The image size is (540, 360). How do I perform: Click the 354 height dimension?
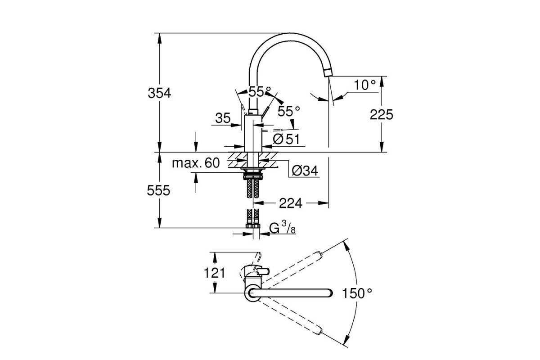tap(159, 93)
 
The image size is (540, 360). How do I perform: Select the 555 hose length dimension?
tap(159, 191)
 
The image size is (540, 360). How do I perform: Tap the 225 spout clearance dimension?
tap(382, 114)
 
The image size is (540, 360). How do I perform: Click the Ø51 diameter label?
tap(286, 139)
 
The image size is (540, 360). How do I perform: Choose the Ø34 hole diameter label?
tap(305, 171)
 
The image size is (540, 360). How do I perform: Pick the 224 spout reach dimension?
tap(290, 203)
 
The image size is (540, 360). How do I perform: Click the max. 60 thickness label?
tap(196, 163)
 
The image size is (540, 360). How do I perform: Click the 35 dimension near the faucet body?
tap(223, 118)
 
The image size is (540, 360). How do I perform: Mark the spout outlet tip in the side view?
tap(327, 73)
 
